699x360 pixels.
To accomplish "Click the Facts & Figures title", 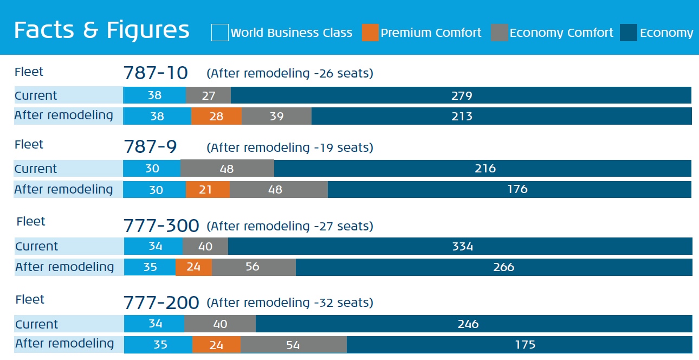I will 102,30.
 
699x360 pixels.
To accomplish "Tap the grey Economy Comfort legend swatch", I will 499,33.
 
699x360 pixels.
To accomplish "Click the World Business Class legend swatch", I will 219,33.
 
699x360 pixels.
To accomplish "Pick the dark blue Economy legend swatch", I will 629,33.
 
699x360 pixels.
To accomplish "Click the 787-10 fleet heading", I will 156,73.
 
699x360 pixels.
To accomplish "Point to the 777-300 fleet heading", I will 161,226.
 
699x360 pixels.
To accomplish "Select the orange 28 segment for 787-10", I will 216,116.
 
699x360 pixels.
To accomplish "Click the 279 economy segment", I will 461,95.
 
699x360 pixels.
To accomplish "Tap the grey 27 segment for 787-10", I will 209,95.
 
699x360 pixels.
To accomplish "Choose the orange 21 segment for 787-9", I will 208,189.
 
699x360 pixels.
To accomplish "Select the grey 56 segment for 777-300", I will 254,267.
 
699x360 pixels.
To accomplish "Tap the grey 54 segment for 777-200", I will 293,345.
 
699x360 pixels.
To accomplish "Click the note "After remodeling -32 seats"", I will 290,303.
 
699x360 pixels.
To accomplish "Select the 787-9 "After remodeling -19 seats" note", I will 290,147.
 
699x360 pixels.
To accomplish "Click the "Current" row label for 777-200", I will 36,324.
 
